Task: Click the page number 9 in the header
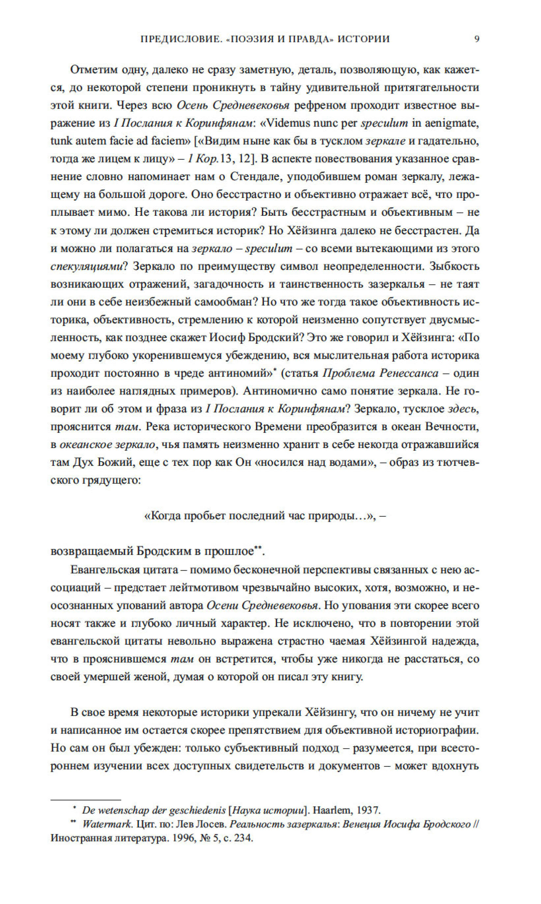coord(476,39)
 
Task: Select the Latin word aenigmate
coord(449,123)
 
